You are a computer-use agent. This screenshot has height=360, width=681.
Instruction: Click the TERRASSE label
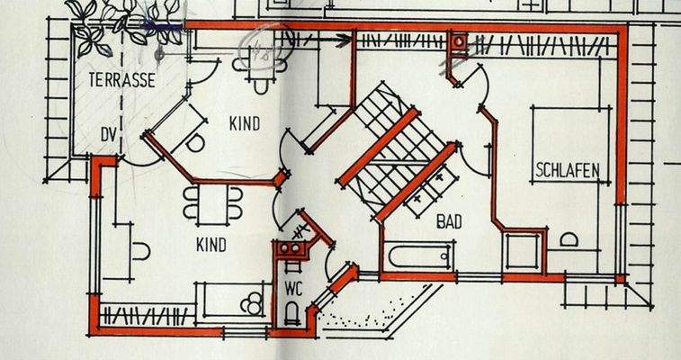coord(121,81)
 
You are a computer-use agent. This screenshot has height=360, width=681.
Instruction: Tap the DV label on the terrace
coord(109,135)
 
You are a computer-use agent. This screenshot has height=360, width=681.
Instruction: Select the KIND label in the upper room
coord(244,124)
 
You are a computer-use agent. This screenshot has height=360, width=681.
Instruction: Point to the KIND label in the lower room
coord(211,245)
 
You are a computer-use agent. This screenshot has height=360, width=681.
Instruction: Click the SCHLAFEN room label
coord(568,170)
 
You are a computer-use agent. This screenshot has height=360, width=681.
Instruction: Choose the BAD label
coord(451,220)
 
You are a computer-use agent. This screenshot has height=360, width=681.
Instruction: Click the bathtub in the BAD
coord(418,256)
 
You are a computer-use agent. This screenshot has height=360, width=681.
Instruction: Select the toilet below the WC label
coord(292,312)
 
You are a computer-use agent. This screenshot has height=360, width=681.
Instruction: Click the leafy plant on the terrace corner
coord(126,22)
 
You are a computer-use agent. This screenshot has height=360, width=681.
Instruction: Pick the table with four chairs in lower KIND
coord(213,203)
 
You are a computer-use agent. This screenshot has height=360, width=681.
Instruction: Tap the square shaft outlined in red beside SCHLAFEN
coord(523,251)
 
